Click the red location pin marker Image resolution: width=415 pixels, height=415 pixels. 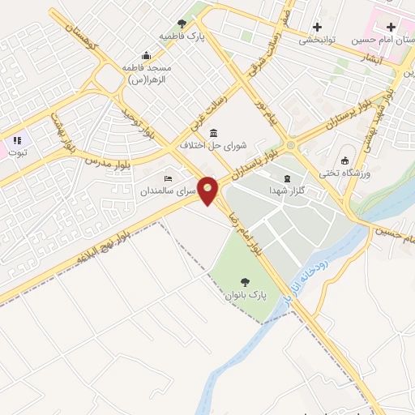pos(208,190)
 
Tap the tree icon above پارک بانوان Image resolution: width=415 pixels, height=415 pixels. pos(244,282)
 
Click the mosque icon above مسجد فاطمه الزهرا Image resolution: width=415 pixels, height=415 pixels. pos(146,55)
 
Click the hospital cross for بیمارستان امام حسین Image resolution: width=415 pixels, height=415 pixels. pos(391,27)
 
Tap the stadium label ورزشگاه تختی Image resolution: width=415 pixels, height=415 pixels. pos(369,173)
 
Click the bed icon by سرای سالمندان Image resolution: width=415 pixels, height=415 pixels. pos(168,178)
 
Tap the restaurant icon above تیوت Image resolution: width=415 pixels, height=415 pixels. pos(18,140)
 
